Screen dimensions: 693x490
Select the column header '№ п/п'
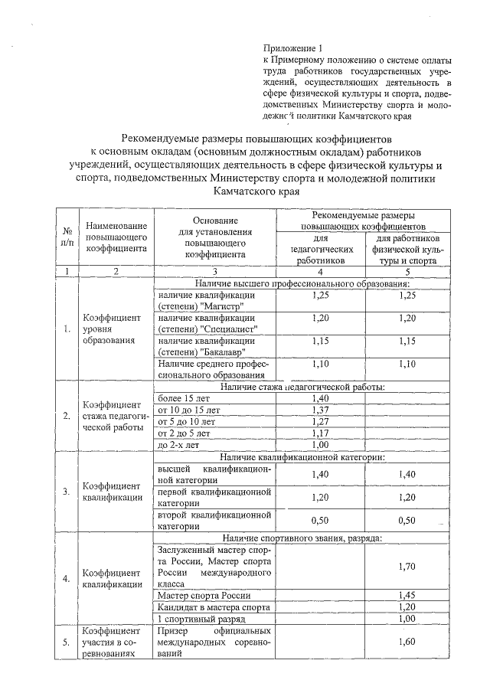[67, 237]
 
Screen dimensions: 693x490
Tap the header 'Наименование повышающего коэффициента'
[116, 237]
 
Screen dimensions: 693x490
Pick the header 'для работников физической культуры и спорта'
[407, 249]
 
